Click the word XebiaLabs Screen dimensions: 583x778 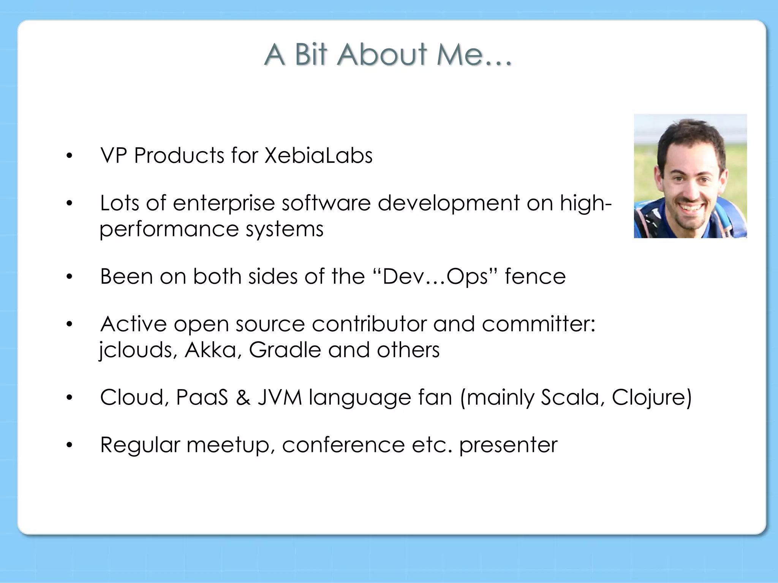[x=318, y=156]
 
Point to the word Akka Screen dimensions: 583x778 [x=213, y=350]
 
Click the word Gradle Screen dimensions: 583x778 [x=285, y=350]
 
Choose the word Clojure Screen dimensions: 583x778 [x=651, y=397]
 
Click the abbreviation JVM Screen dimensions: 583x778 [x=280, y=397]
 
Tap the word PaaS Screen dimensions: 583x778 [x=202, y=397]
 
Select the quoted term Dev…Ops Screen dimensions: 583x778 [x=435, y=277]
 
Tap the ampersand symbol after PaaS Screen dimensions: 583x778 [x=243, y=397]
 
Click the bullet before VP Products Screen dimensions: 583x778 [x=69, y=156]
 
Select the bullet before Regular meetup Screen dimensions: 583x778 [x=69, y=445]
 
